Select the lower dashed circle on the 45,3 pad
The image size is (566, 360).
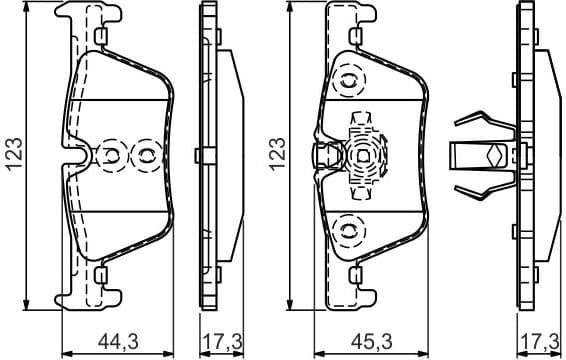point(349,229)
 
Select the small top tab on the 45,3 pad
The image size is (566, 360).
point(356,37)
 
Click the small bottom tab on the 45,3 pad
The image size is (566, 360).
point(356,272)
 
